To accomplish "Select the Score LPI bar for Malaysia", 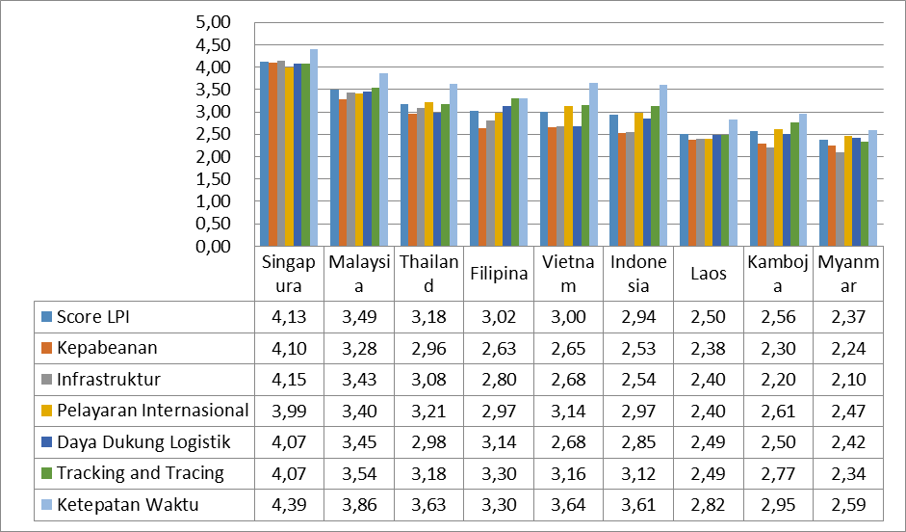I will pos(334,169).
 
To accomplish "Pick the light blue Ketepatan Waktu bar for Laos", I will pos(733,183).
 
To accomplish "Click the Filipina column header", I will pos(498,274).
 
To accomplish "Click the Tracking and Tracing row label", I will pos(140,472).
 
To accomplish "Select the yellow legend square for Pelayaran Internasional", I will pos(45,411).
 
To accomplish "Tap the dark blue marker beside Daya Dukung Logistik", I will pos(45,441).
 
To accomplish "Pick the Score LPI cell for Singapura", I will pos(288,316).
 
